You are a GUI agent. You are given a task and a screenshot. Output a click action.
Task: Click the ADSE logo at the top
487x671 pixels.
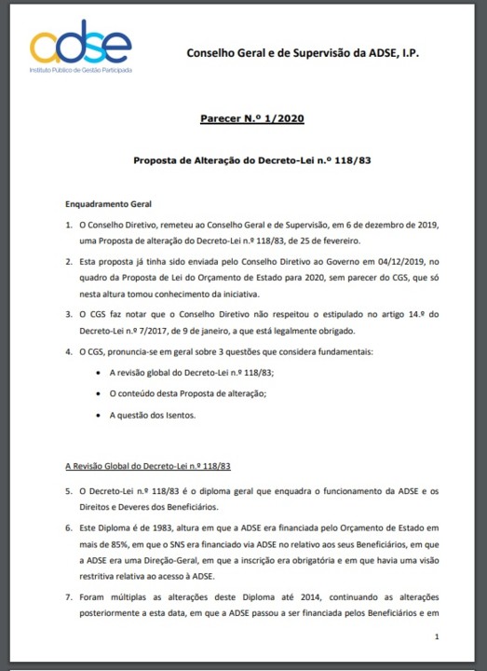(80, 48)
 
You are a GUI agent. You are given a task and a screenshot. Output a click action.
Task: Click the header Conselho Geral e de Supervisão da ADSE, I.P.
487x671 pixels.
(303, 54)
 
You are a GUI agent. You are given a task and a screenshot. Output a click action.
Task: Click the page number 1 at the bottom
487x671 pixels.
(437, 636)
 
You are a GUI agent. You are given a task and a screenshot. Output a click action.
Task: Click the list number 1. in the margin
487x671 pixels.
(68, 226)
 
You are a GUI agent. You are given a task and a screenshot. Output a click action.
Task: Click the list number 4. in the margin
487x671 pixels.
(68, 351)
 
